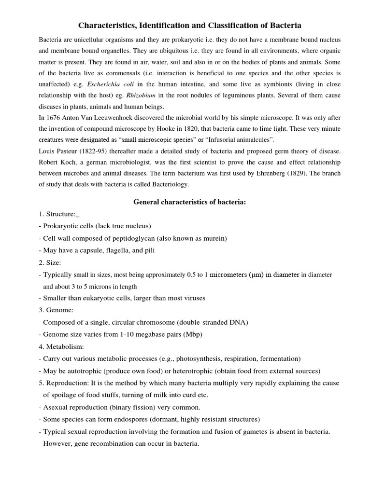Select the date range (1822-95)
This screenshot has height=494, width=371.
[96, 151]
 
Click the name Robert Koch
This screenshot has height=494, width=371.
[58, 162]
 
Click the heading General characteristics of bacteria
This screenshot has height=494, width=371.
[190, 202]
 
